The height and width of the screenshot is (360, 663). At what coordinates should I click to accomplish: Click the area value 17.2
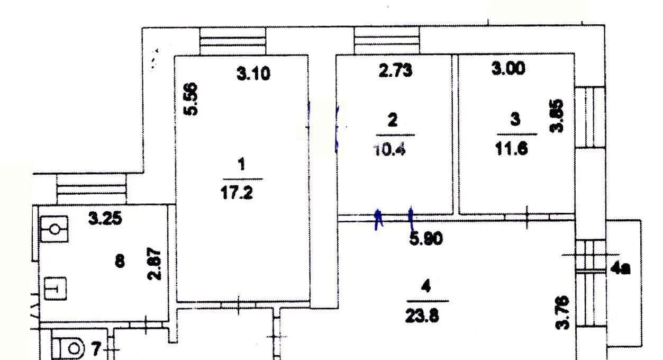pyautogui.click(x=237, y=194)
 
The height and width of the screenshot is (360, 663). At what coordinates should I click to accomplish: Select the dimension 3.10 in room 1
pyautogui.click(x=253, y=74)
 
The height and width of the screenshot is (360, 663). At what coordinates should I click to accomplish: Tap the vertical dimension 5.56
pyautogui.click(x=190, y=99)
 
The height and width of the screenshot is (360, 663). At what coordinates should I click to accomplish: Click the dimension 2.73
pyautogui.click(x=395, y=71)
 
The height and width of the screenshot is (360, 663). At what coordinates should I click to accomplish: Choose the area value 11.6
pyautogui.click(x=512, y=149)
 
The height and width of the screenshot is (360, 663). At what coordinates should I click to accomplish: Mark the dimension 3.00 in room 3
pyautogui.click(x=508, y=68)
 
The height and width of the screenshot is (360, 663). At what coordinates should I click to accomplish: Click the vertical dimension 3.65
pyautogui.click(x=557, y=116)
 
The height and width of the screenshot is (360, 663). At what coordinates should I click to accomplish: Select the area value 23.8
pyautogui.click(x=422, y=316)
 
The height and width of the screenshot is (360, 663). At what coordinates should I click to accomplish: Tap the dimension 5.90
pyautogui.click(x=426, y=238)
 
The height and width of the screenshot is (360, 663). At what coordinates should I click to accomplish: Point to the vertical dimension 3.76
pyautogui.click(x=562, y=313)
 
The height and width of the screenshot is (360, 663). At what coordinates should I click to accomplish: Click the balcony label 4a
pyautogui.click(x=620, y=269)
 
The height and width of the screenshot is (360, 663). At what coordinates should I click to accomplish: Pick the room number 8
pyautogui.click(x=120, y=262)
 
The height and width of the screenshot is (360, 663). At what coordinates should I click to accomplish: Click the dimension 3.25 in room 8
pyautogui.click(x=105, y=219)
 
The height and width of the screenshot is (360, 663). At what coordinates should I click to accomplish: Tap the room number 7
pyautogui.click(x=97, y=348)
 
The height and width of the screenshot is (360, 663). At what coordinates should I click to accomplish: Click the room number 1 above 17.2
pyautogui.click(x=242, y=164)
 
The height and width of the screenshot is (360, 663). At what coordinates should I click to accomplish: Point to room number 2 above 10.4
pyautogui.click(x=393, y=120)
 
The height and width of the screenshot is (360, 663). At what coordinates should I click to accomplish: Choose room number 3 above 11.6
pyautogui.click(x=515, y=119)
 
